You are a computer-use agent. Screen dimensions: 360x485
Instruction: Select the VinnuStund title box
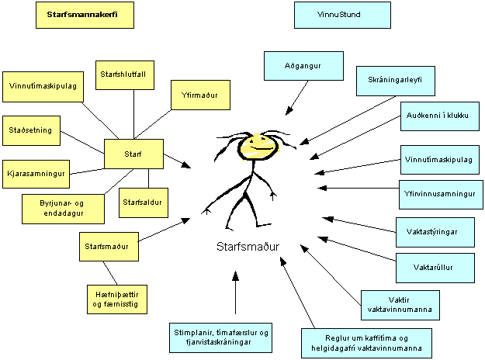[343, 15]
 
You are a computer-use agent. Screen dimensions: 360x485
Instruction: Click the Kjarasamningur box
[36, 171]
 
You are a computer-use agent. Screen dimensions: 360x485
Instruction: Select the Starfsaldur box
[140, 202]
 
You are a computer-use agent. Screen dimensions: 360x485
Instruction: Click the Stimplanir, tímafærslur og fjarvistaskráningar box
[222, 337]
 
